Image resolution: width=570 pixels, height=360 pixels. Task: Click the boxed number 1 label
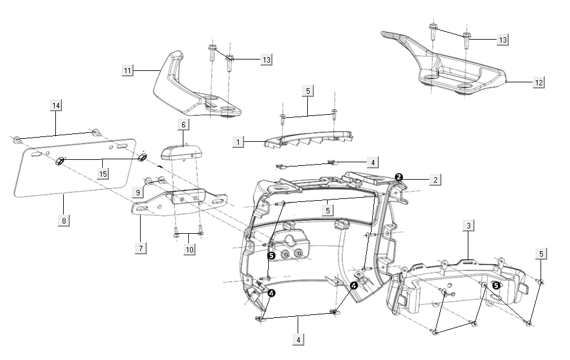coord(239,142)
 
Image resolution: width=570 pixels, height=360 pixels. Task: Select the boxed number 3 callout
coord(468,226)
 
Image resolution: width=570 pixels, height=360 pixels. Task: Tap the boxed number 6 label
coord(183,124)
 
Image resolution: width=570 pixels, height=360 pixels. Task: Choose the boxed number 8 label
coord(63,220)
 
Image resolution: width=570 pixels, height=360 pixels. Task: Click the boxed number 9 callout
coord(139,192)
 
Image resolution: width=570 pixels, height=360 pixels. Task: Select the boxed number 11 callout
coord(127,71)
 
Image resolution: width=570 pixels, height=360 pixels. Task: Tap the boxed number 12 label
coord(538,83)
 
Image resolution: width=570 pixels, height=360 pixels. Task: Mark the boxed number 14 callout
coord(56,106)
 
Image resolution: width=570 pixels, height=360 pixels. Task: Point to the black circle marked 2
coord(399,176)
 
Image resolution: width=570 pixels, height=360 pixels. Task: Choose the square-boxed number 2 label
coord(436,179)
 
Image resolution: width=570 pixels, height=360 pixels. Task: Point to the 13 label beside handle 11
coord(266,59)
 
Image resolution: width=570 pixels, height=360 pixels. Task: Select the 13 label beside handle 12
coord(503,40)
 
